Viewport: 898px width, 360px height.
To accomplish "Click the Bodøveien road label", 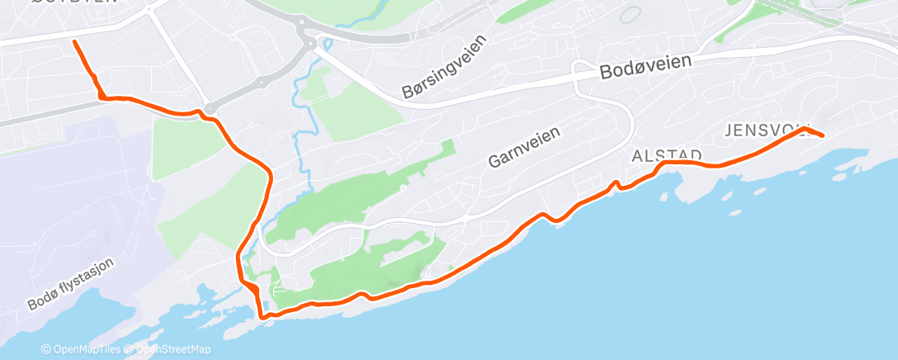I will pos(645,68).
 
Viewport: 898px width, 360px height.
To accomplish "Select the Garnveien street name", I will pos(524,147).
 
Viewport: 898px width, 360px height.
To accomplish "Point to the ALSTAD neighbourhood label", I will pos(666,155).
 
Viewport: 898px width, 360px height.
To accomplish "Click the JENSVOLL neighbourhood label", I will pos(763,130).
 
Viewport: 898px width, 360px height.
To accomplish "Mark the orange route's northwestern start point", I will pos(74,40).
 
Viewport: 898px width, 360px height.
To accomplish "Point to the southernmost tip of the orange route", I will pos(262,317).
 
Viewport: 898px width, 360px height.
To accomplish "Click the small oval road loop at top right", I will pos(631,14).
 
